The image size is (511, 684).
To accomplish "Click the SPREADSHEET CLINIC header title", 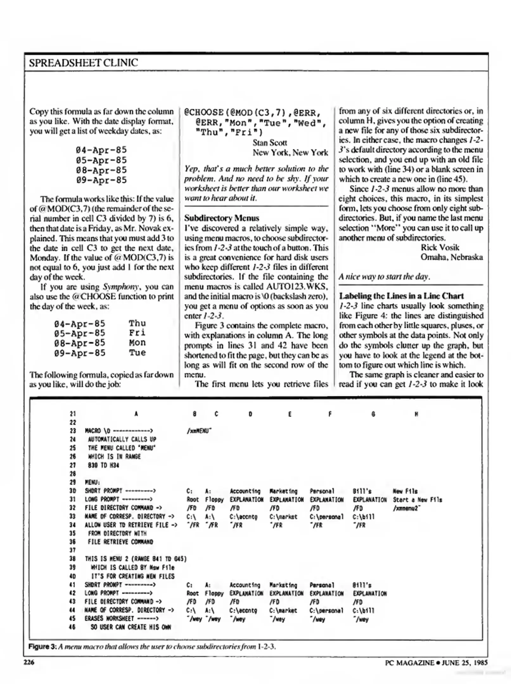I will [83, 63].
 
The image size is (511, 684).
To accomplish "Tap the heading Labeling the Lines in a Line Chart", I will [401, 296].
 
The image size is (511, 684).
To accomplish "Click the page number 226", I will [29, 662].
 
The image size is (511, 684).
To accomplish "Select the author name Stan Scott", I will [270, 143].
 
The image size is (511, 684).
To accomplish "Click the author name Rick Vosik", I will [440, 247].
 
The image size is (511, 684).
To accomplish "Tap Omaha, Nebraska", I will [451, 257].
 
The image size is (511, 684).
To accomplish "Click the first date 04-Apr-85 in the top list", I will [101, 150].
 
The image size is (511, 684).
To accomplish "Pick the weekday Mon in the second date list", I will [137, 343].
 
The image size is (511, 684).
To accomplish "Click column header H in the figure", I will [416, 414].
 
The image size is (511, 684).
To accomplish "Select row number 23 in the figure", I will [73, 431].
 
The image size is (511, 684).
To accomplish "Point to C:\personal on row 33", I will [326, 517].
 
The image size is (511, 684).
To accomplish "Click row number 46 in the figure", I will [73, 627].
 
